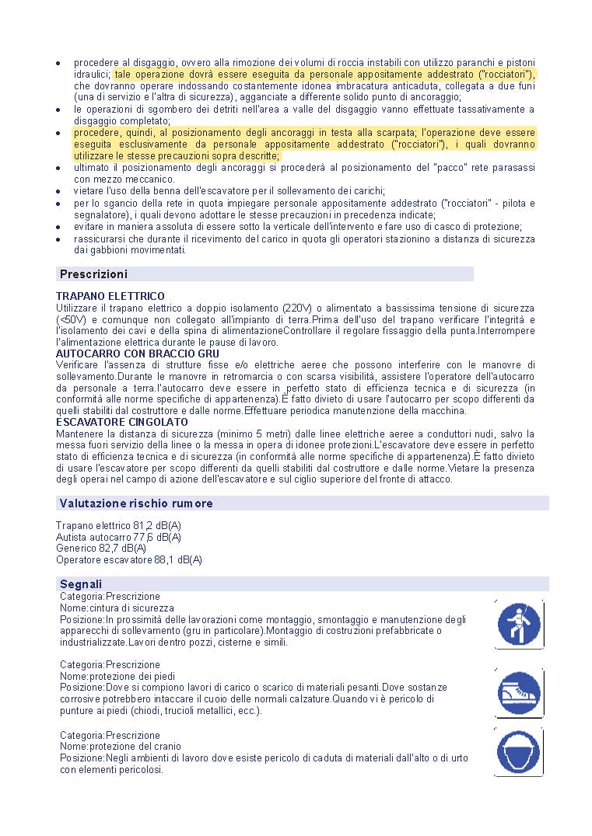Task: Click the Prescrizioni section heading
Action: point(94,274)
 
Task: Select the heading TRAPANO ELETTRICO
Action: point(110,297)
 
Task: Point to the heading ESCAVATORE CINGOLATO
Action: point(122,422)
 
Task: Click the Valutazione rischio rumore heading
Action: point(136,503)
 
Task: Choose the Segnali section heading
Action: point(81,584)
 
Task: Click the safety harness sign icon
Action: point(519,624)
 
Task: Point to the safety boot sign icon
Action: point(519,690)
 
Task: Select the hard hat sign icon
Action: point(519,752)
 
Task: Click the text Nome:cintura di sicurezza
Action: point(117,608)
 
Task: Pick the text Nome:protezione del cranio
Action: point(116,747)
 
